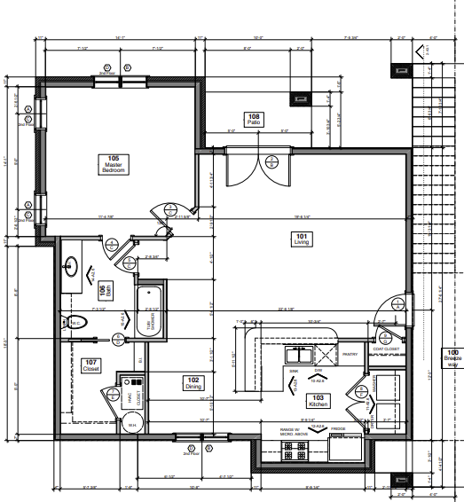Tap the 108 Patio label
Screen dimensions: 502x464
pyautogui.click(x=254, y=119)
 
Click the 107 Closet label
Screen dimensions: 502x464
pyautogui.click(x=90, y=364)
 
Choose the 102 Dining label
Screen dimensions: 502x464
pyautogui.click(x=193, y=382)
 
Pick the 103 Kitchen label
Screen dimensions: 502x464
pyautogui.click(x=318, y=400)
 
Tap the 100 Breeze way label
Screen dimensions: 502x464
pyautogui.click(x=452, y=357)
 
